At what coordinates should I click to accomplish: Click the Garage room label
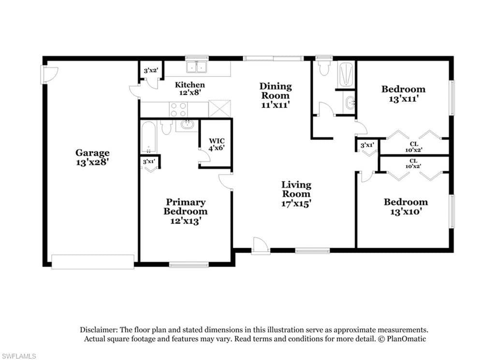click(x=92, y=157)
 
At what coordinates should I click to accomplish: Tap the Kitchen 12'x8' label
click(x=189, y=89)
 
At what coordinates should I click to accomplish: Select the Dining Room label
click(x=275, y=95)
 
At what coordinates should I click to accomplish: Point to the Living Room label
click(x=296, y=194)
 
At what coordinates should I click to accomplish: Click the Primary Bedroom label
click(x=186, y=211)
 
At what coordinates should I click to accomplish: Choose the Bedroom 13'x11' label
click(x=403, y=94)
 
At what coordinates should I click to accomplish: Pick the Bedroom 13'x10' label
click(x=406, y=207)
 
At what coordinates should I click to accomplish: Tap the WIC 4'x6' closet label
click(x=217, y=144)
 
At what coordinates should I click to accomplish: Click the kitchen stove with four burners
click(x=178, y=110)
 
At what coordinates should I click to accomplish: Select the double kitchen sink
click(x=196, y=67)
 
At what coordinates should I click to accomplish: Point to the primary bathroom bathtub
click(x=148, y=136)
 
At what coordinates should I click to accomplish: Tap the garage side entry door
click(x=49, y=75)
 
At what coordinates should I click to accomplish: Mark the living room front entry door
click(x=260, y=246)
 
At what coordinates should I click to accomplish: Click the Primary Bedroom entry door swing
click(x=225, y=182)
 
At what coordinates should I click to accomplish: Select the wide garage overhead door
click(x=93, y=262)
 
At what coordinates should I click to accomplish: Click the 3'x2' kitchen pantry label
click(x=151, y=71)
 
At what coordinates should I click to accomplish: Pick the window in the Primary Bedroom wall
click(x=189, y=265)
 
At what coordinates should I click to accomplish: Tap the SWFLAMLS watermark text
click(x=18, y=357)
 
